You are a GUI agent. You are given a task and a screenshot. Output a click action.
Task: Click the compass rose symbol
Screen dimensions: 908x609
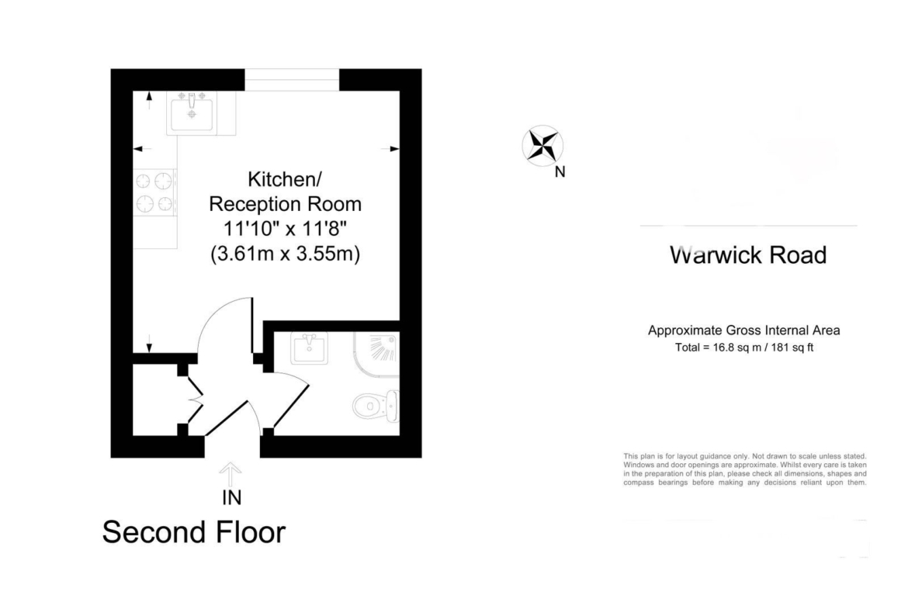pos(542,145)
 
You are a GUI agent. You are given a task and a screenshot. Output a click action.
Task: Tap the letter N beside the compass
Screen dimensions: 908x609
pos(560,172)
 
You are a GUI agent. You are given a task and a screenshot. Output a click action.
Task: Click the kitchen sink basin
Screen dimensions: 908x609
pos(192,113)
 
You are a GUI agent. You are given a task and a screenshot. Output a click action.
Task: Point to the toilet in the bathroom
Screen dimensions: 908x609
pos(376,405)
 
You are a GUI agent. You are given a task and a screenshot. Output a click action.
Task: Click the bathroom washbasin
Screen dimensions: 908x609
pos(310,348)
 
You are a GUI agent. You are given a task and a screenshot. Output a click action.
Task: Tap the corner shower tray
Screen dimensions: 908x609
pos(376,355)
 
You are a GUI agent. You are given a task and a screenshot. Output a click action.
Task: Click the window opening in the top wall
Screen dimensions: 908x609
pos(292,80)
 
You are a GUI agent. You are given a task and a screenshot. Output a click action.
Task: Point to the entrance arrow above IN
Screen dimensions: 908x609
pos(230,475)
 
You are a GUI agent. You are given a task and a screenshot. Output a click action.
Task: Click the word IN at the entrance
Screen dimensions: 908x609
pos(231,497)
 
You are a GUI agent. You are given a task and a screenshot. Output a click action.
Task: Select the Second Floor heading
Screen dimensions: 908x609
pos(194,532)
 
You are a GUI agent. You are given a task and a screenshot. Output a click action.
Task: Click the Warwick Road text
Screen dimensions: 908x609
pos(748,254)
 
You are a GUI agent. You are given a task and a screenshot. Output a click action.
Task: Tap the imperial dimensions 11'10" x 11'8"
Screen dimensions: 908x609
pos(285,229)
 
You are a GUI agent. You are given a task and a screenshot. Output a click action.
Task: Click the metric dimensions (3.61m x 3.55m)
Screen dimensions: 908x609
pos(285,254)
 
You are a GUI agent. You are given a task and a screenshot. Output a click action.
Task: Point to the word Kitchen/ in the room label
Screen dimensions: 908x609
pos(285,179)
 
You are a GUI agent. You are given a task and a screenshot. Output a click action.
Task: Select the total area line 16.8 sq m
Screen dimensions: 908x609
pos(744,348)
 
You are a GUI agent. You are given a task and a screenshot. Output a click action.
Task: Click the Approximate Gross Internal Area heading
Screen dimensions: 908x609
pos(744,330)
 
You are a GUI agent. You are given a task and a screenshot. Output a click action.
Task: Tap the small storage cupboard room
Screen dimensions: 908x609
pos(155,400)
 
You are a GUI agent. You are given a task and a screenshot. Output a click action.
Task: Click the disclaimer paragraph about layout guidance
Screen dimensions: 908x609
pos(745,469)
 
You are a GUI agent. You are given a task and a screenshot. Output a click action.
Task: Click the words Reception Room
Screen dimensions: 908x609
pos(285,204)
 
